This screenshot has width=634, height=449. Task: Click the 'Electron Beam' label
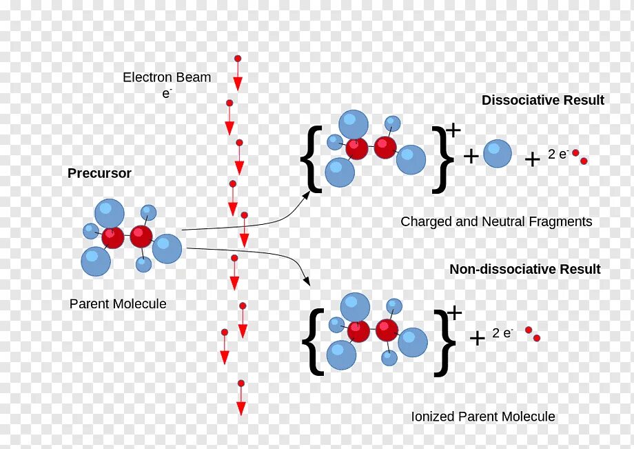(167, 77)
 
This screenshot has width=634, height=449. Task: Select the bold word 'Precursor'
(99, 174)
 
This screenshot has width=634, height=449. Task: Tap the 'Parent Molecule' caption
(118, 303)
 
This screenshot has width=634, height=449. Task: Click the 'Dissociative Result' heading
(542, 101)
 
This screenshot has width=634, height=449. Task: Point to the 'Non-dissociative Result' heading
(524, 270)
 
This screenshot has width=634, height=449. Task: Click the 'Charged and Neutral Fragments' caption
(496, 222)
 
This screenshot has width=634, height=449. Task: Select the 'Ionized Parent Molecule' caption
(482, 417)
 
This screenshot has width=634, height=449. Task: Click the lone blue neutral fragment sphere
(497, 154)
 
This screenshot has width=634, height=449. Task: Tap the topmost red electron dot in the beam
(238, 59)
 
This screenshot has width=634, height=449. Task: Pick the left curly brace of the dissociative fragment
(311, 159)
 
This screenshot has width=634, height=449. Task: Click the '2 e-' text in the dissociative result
(558, 155)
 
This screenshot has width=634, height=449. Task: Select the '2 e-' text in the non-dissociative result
(502, 334)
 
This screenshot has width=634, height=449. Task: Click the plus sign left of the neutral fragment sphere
(471, 157)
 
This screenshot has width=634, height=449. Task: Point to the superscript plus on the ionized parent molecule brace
(455, 314)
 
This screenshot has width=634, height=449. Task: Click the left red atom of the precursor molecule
(113, 238)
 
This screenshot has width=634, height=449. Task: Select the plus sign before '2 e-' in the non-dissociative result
(477, 338)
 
